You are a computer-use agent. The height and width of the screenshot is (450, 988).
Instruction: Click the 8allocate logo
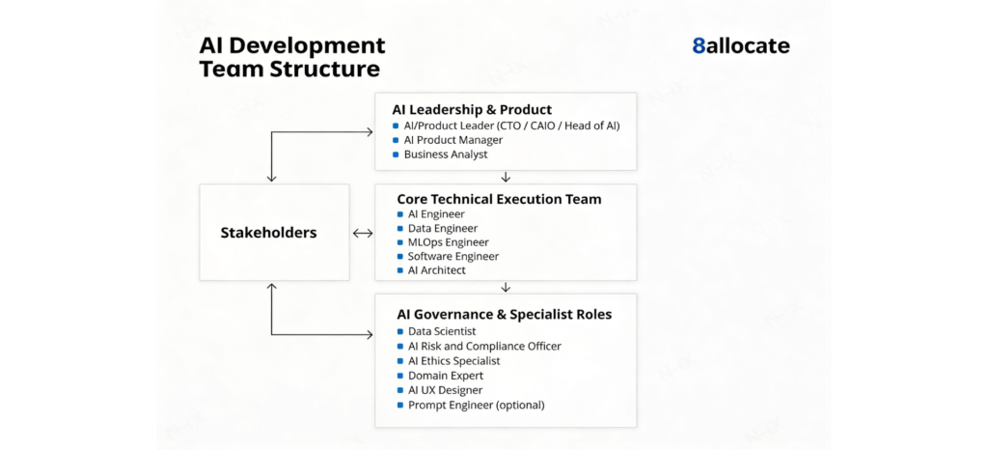pos(740,45)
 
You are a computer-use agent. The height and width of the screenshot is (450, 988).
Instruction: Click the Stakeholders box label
pos(268,233)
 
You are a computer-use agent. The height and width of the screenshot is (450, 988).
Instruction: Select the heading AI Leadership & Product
pos(472,109)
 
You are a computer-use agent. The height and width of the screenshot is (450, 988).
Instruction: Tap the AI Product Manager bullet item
pos(453,140)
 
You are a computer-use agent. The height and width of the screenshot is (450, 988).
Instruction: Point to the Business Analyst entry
pos(446,155)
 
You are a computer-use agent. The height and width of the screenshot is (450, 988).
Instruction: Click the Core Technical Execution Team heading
pos(499,199)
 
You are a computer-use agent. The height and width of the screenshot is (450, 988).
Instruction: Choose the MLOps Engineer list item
pos(448,242)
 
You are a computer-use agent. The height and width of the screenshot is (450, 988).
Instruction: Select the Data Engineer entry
pos(443,228)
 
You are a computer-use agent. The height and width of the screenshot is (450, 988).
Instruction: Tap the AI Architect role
pos(436,270)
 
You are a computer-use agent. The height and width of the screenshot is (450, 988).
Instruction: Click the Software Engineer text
pos(453,256)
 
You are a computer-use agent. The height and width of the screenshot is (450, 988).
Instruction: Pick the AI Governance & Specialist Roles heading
pos(504,314)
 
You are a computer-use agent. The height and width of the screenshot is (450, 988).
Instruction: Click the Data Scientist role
pos(441,331)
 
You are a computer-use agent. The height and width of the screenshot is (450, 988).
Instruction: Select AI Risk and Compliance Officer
pos(483,346)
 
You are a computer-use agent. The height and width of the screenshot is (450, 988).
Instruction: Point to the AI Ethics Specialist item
pos(453,361)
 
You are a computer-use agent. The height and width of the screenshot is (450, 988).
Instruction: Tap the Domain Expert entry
pos(445,376)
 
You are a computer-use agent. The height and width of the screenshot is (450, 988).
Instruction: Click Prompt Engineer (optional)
pos(476,405)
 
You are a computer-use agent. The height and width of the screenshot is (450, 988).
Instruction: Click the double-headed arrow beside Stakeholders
pos(363,233)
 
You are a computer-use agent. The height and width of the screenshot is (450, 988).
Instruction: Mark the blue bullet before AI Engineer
pos(400,214)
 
